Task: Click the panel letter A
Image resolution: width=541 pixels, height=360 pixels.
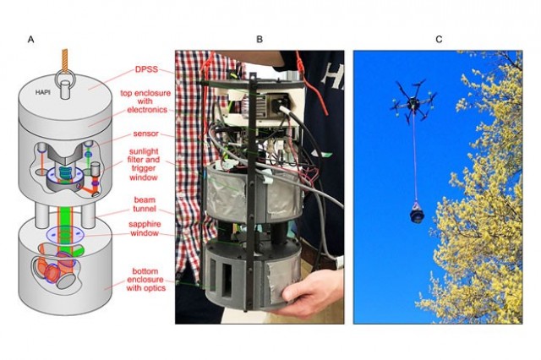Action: point(31,40)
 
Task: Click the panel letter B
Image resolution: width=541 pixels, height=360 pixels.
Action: point(260,40)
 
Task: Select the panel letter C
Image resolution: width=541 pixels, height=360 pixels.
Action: point(438,40)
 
